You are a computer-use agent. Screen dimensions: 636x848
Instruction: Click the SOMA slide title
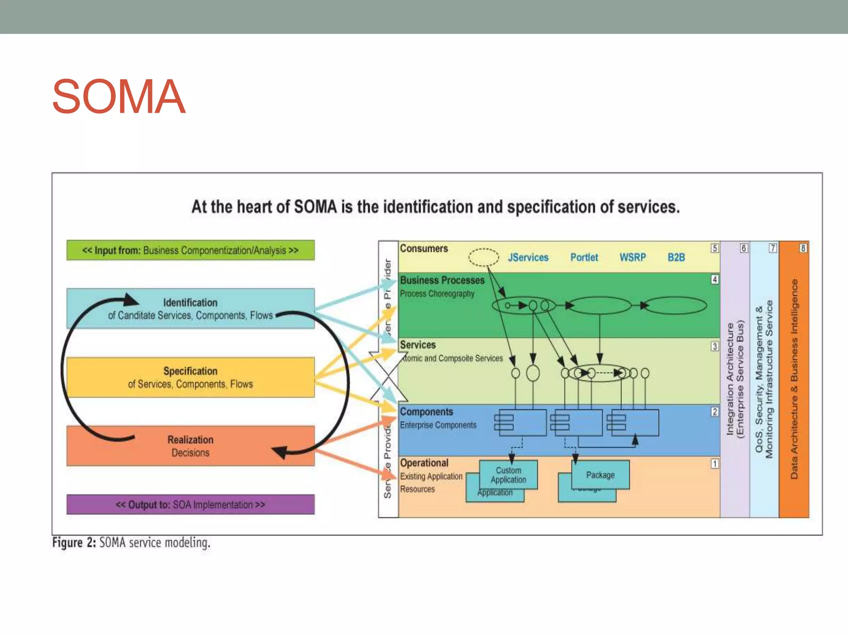click(x=119, y=96)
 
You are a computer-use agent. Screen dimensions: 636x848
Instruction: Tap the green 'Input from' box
click(x=190, y=251)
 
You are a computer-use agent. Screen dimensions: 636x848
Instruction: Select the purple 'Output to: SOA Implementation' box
click(x=190, y=505)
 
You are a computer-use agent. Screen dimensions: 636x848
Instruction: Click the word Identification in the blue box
click(x=190, y=303)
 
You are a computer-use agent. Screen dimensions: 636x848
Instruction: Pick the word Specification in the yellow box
click(x=190, y=371)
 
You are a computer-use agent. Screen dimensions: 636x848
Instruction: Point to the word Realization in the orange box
click(x=190, y=440)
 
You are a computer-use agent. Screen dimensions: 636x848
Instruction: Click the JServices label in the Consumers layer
click(x=528, y=258)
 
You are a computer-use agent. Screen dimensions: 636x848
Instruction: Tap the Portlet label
click(x=584, y=258)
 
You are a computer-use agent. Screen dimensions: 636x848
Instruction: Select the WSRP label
click(x=632, y=258)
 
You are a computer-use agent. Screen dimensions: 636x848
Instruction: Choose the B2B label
click(x=676, y=258)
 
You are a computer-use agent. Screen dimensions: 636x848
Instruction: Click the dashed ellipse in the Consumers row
click(x=483, y=257)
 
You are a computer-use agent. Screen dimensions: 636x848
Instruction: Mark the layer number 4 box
click(x=715, y=279)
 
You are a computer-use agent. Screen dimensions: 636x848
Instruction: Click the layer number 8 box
click(x=803, y=248)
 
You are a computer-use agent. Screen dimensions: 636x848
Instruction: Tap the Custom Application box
click(x=508, y=475)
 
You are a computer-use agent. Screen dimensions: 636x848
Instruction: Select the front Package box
click(x=600, y=475)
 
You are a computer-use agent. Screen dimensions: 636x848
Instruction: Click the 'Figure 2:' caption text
click(x=74, y=542)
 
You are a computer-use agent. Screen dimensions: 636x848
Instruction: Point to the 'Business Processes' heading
click(x=442, y=280)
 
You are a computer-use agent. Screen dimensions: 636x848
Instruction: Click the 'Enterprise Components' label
click(x=438, y=425)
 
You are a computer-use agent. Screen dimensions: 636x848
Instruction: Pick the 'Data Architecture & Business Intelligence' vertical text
click(x=794, y=379)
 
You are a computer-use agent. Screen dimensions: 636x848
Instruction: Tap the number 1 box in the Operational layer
click(x=715, y=464)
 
